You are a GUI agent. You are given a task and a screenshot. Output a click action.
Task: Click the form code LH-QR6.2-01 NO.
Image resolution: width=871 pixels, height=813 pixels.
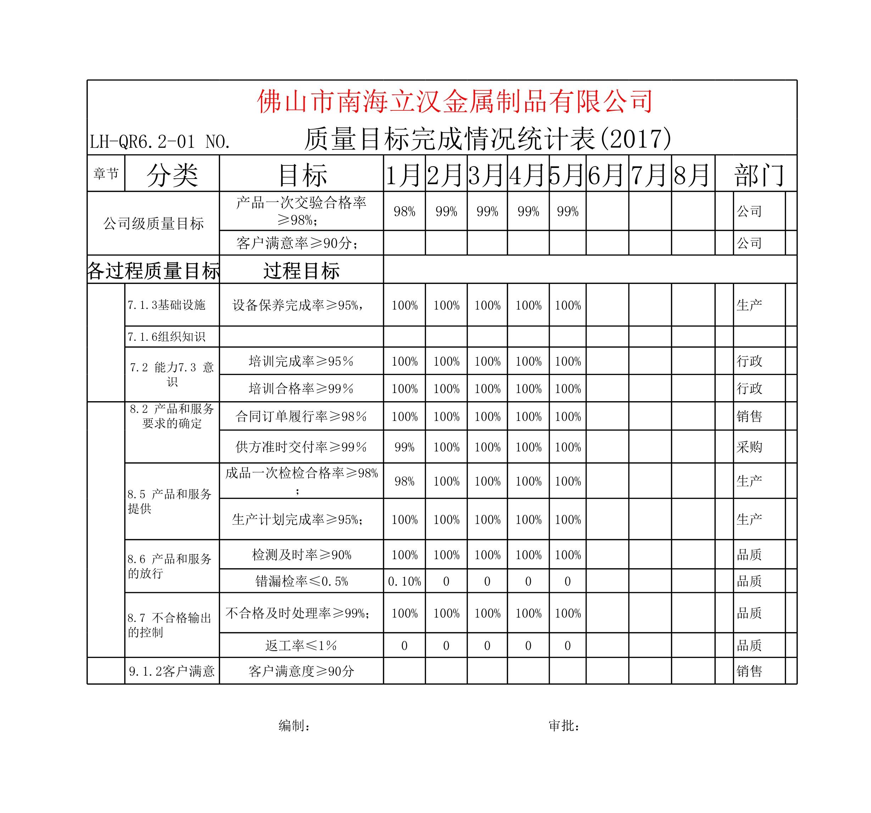point(160,142)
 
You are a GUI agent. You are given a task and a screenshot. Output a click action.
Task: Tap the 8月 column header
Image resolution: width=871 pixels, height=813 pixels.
point(692,175)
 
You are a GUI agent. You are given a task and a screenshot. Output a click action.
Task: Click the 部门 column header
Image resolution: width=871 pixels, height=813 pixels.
point(759,175)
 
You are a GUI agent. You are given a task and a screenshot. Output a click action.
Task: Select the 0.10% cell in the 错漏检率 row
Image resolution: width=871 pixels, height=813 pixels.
point(404,581)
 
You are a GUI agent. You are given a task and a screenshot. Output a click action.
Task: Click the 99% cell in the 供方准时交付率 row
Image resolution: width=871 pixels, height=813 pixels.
point(404,447)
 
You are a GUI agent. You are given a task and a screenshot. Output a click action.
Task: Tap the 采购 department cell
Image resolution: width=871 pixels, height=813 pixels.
point(749,447)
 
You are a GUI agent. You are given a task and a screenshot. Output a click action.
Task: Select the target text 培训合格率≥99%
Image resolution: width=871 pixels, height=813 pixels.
point(301,388)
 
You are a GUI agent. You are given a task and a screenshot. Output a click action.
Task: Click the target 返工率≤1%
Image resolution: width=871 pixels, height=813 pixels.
point(301,645)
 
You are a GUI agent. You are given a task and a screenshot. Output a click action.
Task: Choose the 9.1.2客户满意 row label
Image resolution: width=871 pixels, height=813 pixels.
point(172,671)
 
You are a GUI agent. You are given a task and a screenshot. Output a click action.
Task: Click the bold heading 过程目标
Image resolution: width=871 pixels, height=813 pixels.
point(301,271)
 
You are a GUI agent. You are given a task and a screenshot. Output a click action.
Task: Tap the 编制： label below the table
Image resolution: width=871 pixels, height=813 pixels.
point(295,726)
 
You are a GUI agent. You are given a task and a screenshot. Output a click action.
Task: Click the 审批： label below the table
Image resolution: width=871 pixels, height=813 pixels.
point(565,726)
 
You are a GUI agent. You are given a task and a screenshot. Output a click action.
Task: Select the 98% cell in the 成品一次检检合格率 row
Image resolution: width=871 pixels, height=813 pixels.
point(404,481)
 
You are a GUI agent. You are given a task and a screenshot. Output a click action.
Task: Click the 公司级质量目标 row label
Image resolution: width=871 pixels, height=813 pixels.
point(153,224)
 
